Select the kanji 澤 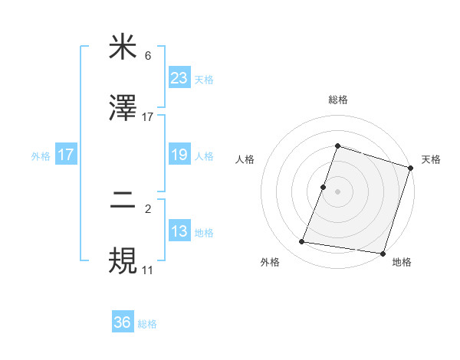click(x=123, y=108)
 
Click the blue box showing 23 click(x=179, y=77)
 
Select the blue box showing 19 click(x=179, y=155)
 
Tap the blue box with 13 click(x=179, y=231)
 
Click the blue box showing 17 click(x=66, y=155)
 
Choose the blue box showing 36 click(x=123, y=322)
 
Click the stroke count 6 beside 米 click(x=148, y=56)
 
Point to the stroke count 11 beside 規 click(x=148, y=270)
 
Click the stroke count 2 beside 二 click(x=148, y=209)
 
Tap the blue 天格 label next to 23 click(x=204, y=79)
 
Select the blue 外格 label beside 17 click(x=41, y=155)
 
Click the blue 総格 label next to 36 click(x=147, y=324)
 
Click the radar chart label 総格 click(x=337, y=100)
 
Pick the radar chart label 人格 click(x=245, y=159)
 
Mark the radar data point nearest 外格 click(x=302, y=242)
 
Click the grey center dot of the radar click(x=337, y=190)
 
